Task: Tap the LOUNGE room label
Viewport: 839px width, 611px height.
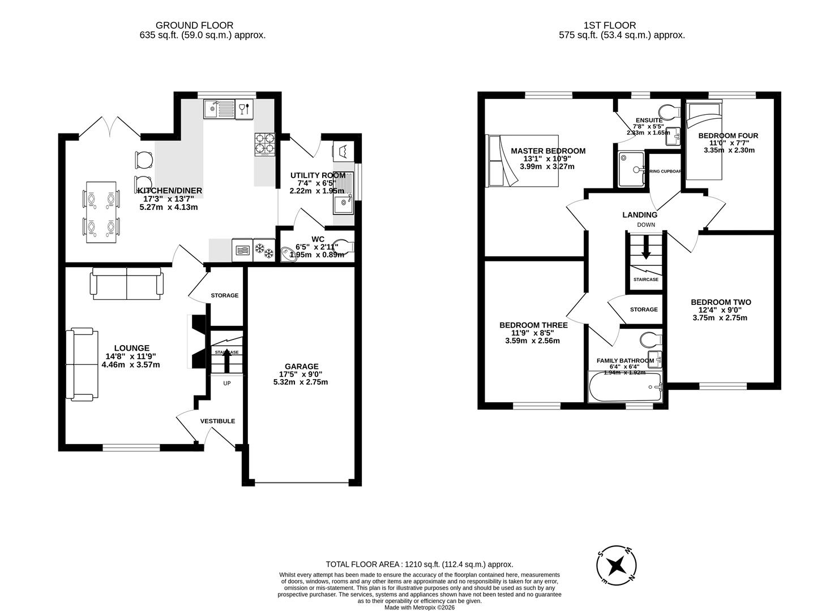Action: [131, 348]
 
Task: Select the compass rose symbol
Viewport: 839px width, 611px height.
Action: [617, 565]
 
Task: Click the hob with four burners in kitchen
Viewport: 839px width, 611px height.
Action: [265, 144]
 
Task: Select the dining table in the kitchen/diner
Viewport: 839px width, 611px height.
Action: [101, 212]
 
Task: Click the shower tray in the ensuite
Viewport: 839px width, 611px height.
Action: [632, 169]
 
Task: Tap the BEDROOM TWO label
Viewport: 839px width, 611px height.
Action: [721, 302]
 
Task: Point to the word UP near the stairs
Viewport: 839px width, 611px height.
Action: [227, 383]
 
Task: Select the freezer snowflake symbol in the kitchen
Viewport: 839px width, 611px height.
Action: [263, 249]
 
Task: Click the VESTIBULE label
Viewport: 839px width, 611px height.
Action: [217, 421]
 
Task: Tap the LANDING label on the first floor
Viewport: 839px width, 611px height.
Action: [640, 214]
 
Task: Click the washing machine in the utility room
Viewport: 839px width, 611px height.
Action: [343, 150]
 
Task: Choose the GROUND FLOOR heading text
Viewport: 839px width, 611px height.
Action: [194, 25]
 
